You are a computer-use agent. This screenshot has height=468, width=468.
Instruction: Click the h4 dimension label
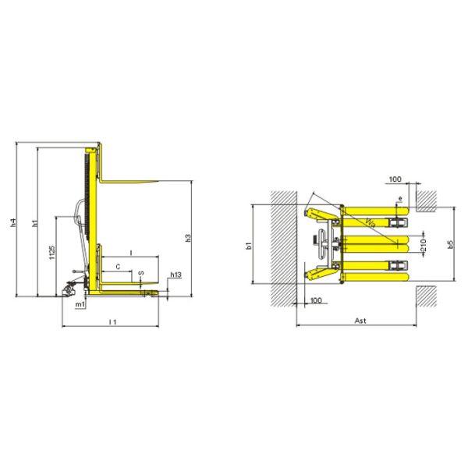[x=12, y=223]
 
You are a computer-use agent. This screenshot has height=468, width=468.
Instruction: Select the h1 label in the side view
[x=34, y=224]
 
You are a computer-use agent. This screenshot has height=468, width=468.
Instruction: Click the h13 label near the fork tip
[x=175, y=275]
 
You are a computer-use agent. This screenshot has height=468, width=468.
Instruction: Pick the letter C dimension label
[x=118, y=267]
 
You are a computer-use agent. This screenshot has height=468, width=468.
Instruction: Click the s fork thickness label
[x=140, y=274]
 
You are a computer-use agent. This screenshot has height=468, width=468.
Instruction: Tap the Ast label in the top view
[x=360, y=320]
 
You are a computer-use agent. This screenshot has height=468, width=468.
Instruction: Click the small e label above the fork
[x=400, y=200]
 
